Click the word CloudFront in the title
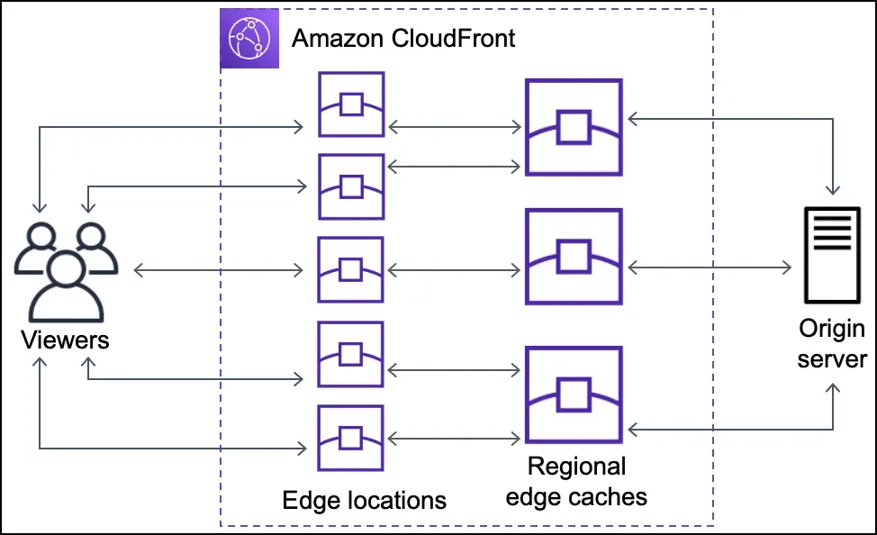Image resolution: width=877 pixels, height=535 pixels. (x=460, y=39)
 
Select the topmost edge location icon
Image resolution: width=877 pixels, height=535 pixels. (x=351, y=104)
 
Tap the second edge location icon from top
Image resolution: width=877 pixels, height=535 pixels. (x=351, y=186)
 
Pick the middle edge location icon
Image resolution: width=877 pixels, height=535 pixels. (x=351, y=268)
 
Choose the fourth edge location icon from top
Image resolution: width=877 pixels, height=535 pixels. (x=351, y=354)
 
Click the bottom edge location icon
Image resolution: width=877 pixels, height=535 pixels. (x=351, y=438)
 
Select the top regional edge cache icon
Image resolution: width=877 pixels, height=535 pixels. (x=574, y=127)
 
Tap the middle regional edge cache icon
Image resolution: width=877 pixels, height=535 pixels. (x=574, y=257)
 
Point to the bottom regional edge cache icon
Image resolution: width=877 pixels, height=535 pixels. (x=574, y=394)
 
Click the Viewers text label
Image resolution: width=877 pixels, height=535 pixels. (x=65, y=340)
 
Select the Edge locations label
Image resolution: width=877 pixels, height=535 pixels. (x=364, y=500)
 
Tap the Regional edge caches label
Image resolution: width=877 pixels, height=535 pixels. (x=576, y=481)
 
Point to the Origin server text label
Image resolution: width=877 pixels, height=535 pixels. (x=831, y=343)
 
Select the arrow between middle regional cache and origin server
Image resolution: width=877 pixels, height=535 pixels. (x=710, y=267)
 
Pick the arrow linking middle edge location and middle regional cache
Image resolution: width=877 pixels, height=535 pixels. (x=454, y=269)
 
